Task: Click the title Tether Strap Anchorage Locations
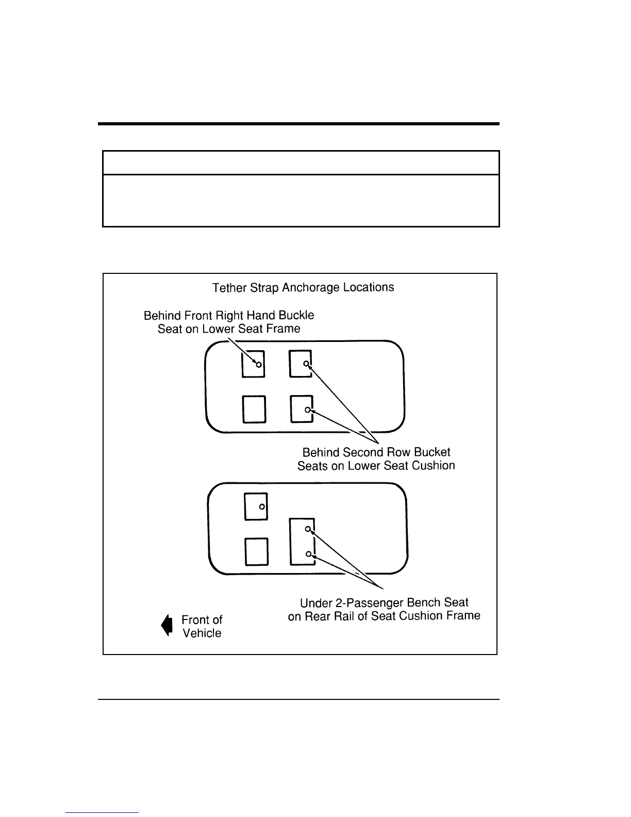click(303, 288)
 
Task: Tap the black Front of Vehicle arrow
click(167, 625)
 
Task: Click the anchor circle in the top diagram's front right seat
click(259, 365)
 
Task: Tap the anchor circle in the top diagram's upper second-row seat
click(306, 364)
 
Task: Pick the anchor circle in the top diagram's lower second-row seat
click(307, 410)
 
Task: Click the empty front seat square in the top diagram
click(254, 409)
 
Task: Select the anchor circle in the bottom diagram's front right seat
click(262, 507)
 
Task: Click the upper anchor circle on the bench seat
click(308, 529)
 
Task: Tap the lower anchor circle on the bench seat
click(308, 554)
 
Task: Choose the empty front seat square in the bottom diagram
click(256, 551)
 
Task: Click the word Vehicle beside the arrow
click(202, 633)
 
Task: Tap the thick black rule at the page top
click(299, 124)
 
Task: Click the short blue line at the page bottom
click(102, 812)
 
